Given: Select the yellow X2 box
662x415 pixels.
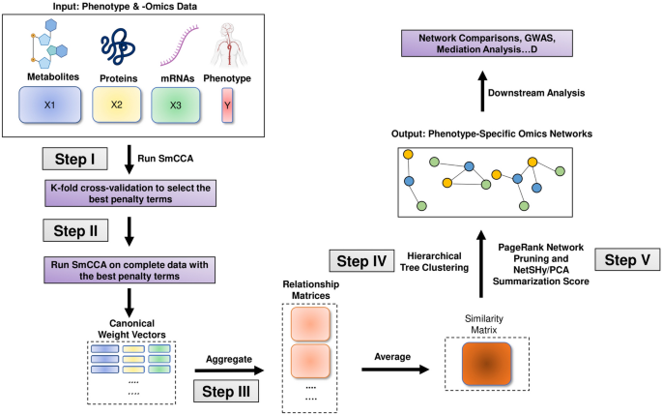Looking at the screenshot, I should tap(118, 103).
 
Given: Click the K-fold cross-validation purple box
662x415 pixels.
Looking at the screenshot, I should tap(129, 193).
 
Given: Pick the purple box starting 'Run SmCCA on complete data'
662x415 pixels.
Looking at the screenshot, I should tap(128, 267).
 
